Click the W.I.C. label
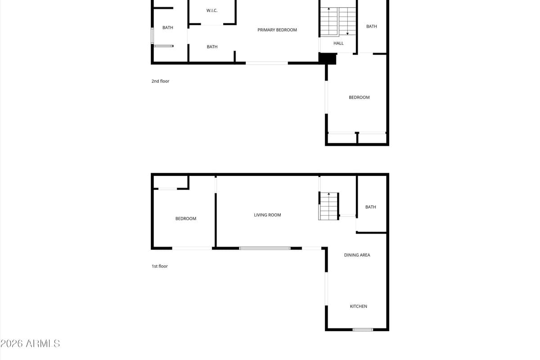pyautogui.click(x=211, y=10)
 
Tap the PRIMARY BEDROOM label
pyautogui.click(x=277, y=30)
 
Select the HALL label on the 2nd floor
pyautogui.click(x=338, y=43)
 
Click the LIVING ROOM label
pyautogui.click(x=267, y=215)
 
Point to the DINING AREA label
pyautogui.click(x=357, y=255)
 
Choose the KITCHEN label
pyautogui.click(x=359, y=306)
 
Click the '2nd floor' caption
pyautogui.click(x=160, y=81)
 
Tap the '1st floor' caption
pyautogui.click(x=160, y=266)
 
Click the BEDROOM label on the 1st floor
pyautogui.click(x=185, y=218)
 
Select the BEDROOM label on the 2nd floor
pyautogui.click(x=359, y=97)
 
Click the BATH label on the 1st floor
pyautogui.click(x=370, y=207)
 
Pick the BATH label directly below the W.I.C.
pyautogui.click(x=212, y=47)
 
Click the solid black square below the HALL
pyautogui.click(x=328, y=59)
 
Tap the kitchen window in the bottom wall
pyautogui.click(x=363, y=329)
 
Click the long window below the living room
pyautogui.click(x=265, y=248)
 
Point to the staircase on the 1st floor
pyautogui.click(x=328, y=206)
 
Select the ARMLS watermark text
pyautogui.click(x=30, y=344)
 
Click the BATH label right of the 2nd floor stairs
pyautogui.click(x=372, y=27)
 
